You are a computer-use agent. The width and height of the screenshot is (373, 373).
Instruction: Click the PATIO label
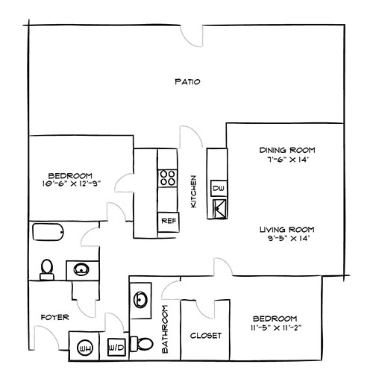click(186, 81)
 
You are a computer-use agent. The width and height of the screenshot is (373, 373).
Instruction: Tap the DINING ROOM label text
click(283, 149)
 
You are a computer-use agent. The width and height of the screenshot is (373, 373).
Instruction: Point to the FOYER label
click(54, 317)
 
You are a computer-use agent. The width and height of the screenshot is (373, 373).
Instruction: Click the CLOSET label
click(205, 336)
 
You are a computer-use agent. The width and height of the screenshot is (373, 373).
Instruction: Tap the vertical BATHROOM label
click(166, 329)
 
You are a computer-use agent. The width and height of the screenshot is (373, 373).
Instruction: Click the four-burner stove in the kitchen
click(166, 178)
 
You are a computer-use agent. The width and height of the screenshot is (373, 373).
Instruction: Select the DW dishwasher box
click(219, 189)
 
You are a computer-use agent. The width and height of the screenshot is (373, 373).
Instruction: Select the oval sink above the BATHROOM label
click(141, 300)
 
